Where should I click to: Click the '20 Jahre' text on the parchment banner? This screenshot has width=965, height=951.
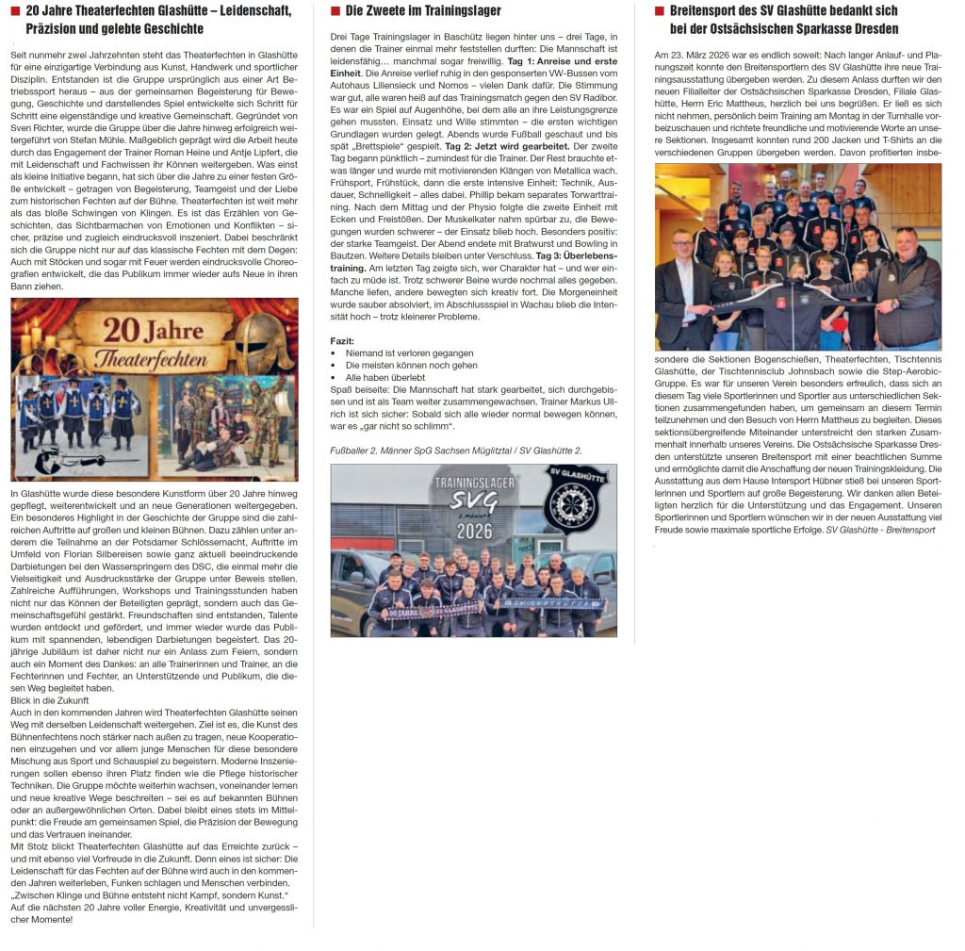click(154, 332)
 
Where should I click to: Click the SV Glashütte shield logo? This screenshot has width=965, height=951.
click(575, 500)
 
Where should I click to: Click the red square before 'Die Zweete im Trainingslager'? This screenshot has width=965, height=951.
click(335, 11)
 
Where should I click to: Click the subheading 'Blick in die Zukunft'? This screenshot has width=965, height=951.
click(49, 700)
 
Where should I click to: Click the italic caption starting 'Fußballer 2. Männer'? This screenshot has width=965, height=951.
click(456, 451)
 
